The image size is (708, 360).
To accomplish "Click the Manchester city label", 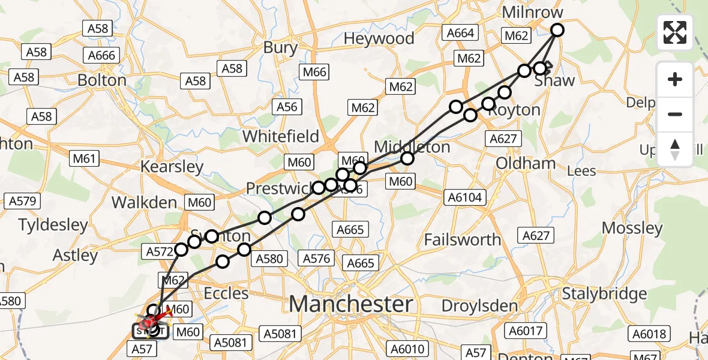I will [351, 304].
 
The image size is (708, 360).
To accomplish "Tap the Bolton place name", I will [102, 80].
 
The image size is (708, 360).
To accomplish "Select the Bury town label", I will [280, 48].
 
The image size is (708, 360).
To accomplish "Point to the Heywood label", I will [379, 38].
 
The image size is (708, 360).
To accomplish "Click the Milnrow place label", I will [533, 13].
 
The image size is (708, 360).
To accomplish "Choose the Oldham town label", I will [526, 163].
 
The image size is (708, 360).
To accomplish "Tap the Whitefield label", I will [281, 136].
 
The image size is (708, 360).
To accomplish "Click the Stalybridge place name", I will [605, 294].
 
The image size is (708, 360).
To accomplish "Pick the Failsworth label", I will [462, 239].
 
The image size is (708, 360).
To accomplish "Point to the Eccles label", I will [226, 293].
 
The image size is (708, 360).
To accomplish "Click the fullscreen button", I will [675, 32].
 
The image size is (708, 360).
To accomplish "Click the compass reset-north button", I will [675, 149].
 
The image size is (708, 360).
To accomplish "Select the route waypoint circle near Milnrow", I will [557, 30].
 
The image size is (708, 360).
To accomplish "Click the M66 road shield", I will [315, 73].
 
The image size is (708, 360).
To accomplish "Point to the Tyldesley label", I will [53, 226].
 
